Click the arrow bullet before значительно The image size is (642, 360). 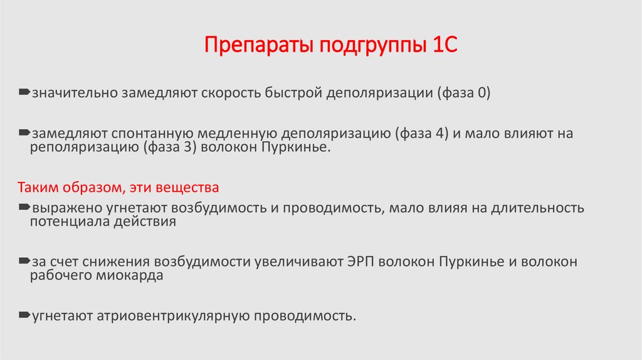pos(24,93)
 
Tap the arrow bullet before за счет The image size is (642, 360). pos(24,260)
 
